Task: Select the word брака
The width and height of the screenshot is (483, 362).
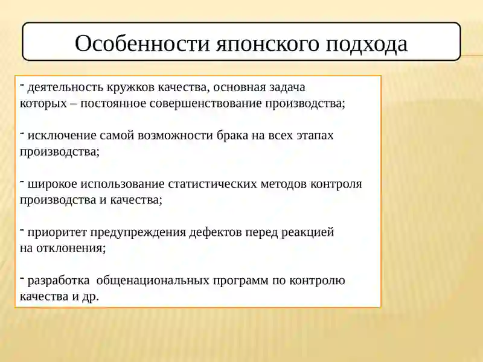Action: click(232, 136)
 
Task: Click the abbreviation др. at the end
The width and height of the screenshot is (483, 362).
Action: click(89, 296)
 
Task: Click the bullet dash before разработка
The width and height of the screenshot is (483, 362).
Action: click(22, 278)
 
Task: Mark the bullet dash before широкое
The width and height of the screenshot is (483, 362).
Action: click(22, 181)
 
